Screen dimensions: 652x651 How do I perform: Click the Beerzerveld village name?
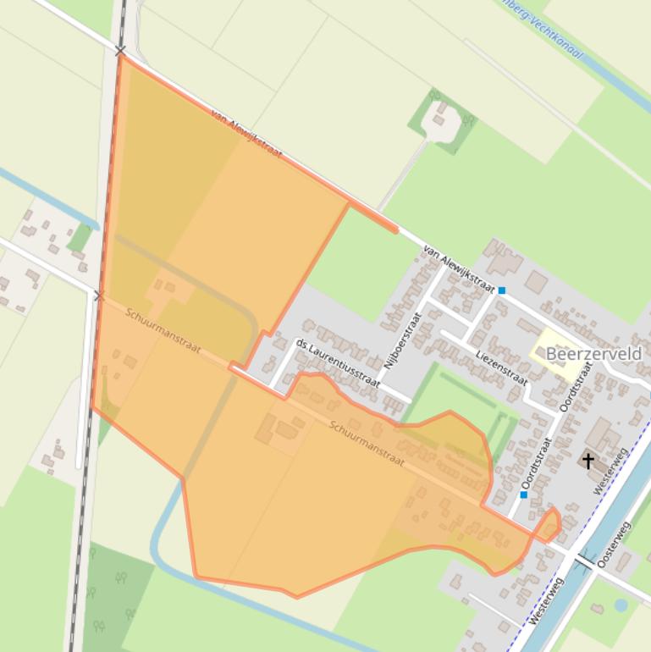593,353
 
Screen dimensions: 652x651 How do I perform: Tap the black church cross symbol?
588,461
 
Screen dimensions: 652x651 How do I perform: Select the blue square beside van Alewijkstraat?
502,290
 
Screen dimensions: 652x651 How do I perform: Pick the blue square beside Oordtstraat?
523,495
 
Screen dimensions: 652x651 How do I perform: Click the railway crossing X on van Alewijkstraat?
120,52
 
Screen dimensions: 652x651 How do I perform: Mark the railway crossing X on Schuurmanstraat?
98,296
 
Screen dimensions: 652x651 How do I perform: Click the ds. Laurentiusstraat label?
336,362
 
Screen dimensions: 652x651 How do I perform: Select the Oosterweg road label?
615,544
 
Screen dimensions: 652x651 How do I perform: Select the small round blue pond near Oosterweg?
621,605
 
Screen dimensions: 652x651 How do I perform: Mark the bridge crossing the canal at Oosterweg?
585,561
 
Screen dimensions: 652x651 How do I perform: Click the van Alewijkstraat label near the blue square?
458,270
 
